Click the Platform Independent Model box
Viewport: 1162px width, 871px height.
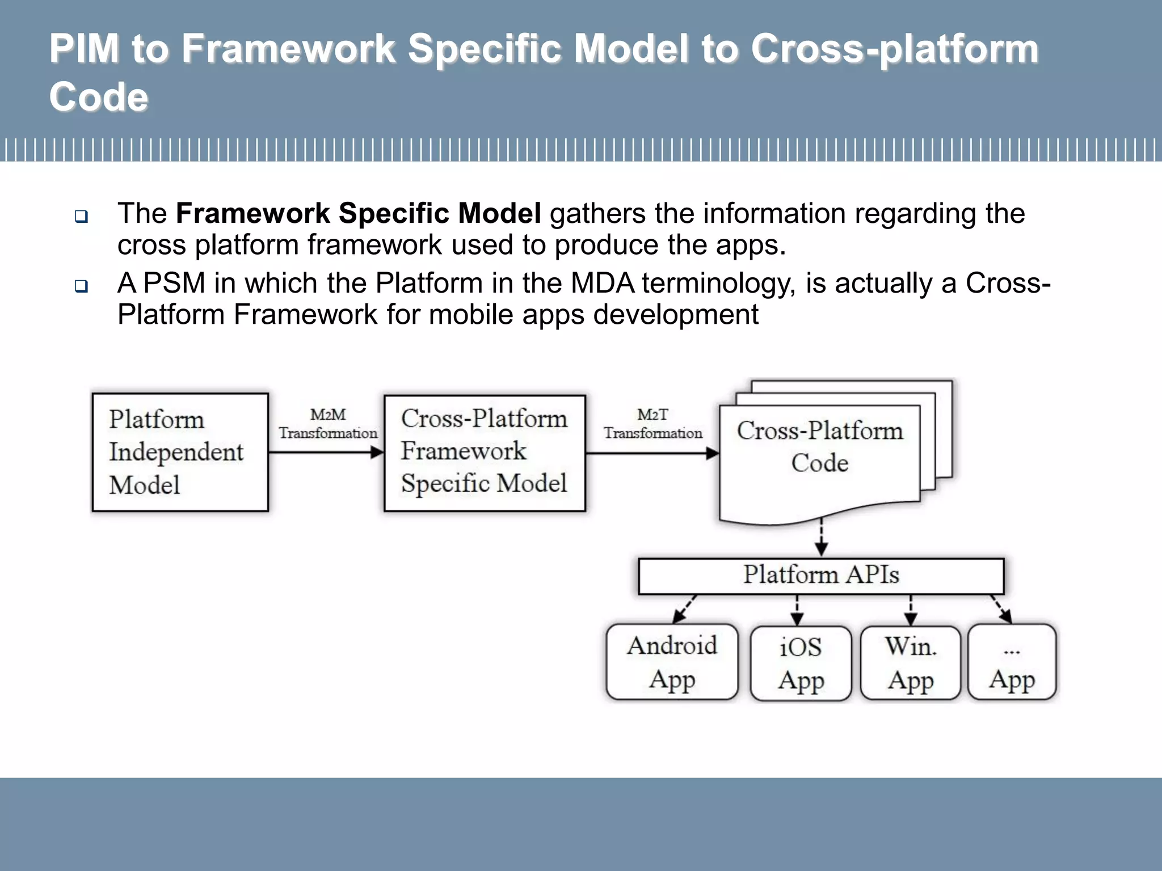tap(180, 452)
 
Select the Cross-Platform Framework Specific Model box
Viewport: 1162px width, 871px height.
tap(484, 453)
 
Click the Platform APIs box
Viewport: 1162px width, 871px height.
tap(820, 576)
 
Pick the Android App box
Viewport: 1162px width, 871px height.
tap(672, 662)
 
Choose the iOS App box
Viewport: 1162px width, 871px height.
tap(800, 663)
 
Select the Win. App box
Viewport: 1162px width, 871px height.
tap(910, 662)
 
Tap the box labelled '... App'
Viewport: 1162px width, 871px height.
tap(1012, 662)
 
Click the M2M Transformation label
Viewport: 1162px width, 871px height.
tap(327, 424)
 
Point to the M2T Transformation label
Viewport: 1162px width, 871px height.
tap(652, 424)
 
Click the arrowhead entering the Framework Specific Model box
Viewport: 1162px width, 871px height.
tap(377, 453)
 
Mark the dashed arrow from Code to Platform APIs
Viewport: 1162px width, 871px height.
tap(821, 538)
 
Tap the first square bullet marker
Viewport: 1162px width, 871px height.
tap(82, 216)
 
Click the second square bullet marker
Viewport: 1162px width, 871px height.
tap(82, 286)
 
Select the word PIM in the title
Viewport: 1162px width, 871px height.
tap(84, 49)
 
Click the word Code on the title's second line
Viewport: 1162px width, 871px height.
tap(99, 97)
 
